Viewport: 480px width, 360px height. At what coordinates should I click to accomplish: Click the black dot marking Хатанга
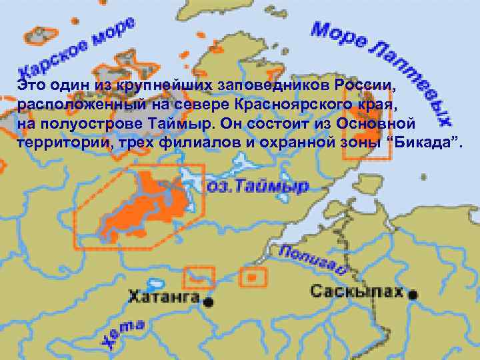click(x=209, y=302)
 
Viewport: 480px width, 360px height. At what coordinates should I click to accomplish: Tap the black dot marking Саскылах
click(x=415, y=294)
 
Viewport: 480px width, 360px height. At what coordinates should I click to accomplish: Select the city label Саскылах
click(x=357, y=291)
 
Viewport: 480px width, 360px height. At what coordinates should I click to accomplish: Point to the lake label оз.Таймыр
click(x=257, y=186)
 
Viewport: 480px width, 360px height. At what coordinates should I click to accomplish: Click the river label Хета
click(x=123, y=333)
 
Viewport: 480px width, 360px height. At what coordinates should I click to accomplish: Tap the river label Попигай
click(x=313, y=259)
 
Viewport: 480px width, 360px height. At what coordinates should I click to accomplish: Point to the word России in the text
click(x=365, y=86)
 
